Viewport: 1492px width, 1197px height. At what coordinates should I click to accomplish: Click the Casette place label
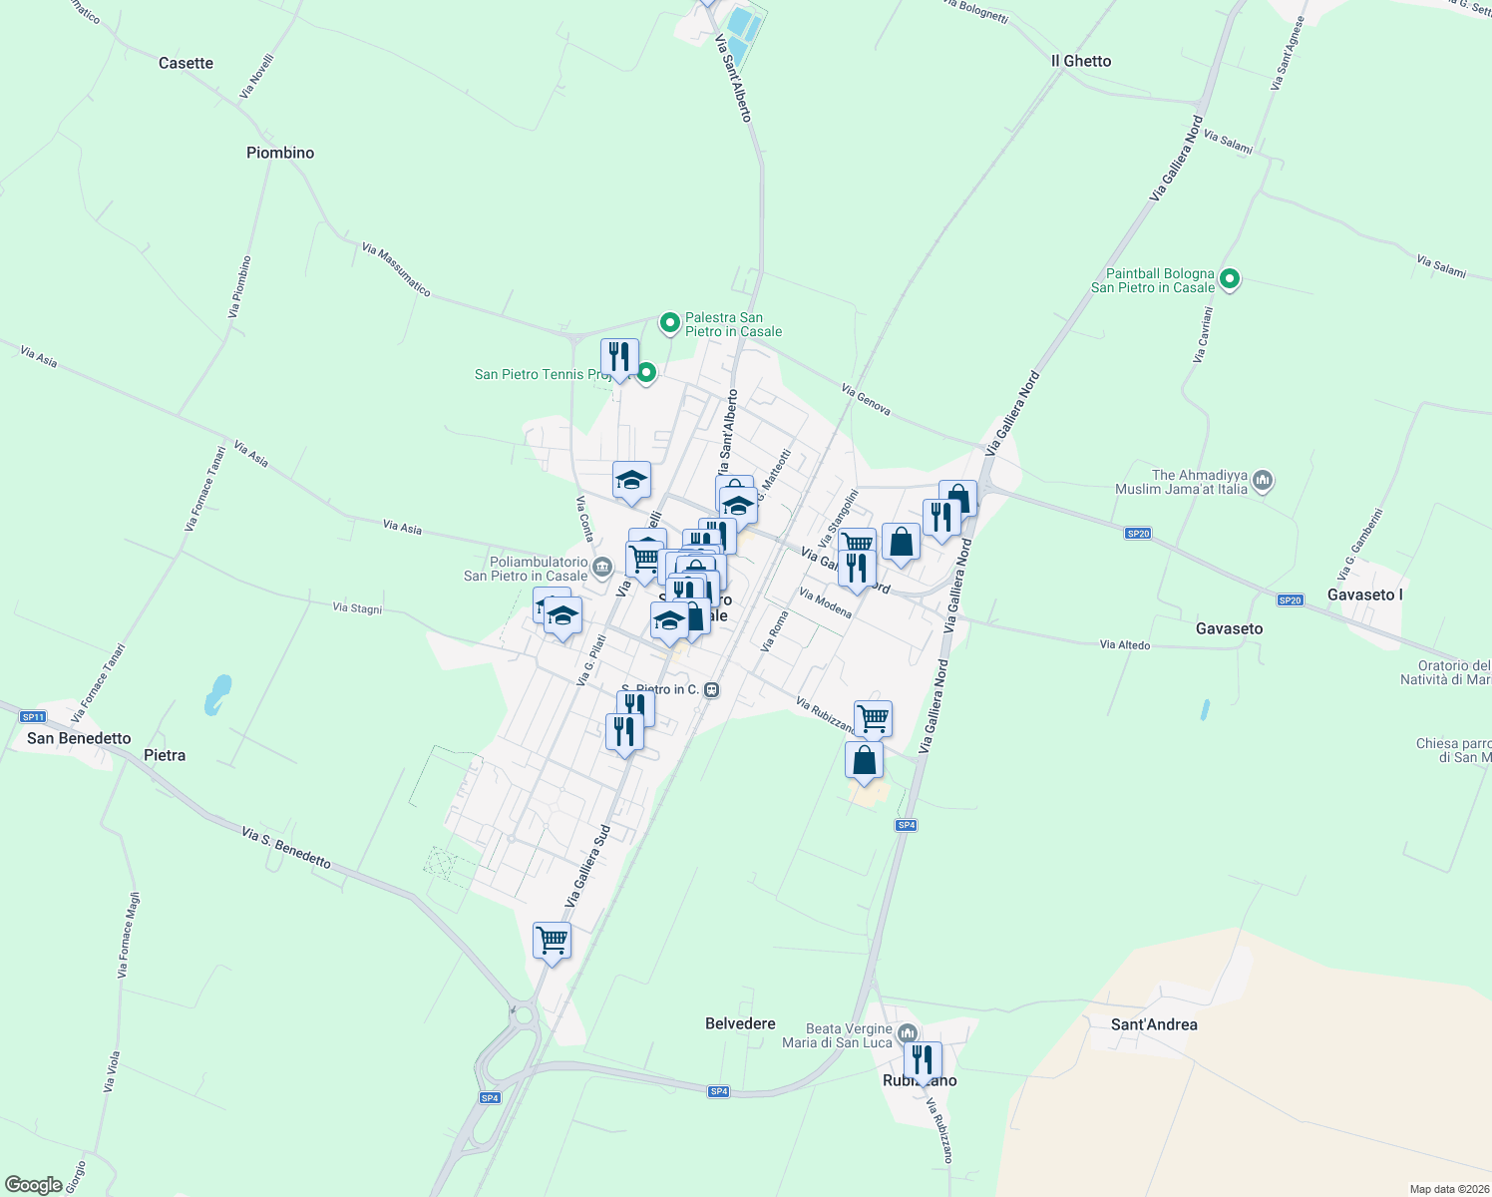(186, 63)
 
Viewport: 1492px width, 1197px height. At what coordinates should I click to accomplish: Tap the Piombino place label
(280, 153)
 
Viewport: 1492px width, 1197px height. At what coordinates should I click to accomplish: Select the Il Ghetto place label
(1081, 61)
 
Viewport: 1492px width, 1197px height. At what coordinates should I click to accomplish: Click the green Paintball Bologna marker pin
(1230, 279)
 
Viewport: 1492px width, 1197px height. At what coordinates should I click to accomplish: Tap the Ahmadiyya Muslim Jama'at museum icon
(1263, 482)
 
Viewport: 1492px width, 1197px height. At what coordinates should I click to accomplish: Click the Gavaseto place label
(1229, 628)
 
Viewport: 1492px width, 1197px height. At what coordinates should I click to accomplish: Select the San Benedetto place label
(79, 738)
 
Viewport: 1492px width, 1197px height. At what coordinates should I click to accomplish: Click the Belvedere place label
(740, 1023)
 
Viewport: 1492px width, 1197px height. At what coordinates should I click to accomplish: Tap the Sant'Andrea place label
(1154, 1024)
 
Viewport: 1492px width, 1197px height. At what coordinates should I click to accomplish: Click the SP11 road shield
(33, 716)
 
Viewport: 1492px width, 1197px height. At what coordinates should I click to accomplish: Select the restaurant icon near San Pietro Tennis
(619, 357)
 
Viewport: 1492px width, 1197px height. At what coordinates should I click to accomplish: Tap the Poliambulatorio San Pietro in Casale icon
(601, 569)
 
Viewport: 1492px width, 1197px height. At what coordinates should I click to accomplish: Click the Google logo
(33, 1185)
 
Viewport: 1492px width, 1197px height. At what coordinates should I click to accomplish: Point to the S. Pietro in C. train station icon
(711, 689)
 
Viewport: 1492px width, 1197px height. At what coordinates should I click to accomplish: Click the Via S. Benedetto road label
(286, 847)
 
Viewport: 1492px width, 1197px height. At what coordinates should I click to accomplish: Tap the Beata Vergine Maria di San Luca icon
(907, 1033)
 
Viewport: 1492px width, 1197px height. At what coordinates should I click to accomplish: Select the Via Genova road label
(866, 400)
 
